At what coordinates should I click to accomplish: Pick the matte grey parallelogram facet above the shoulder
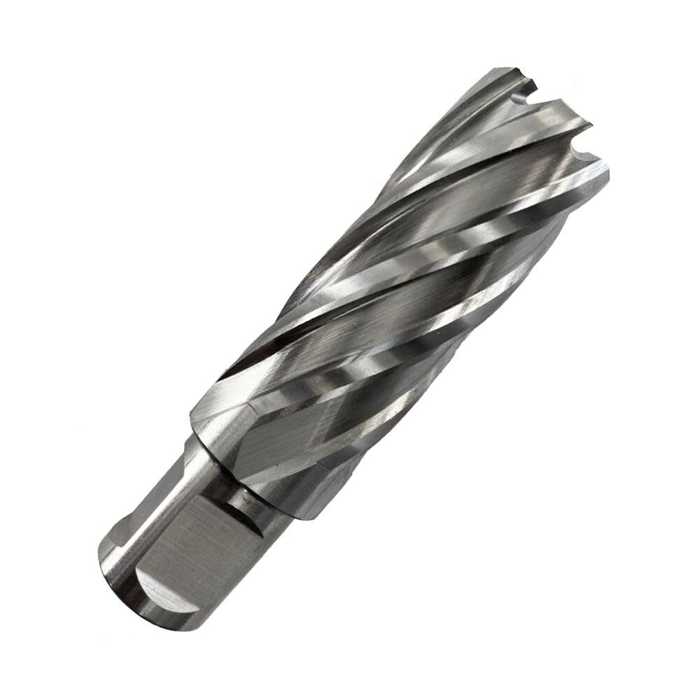pyautogui.click(x=273, y=441)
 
